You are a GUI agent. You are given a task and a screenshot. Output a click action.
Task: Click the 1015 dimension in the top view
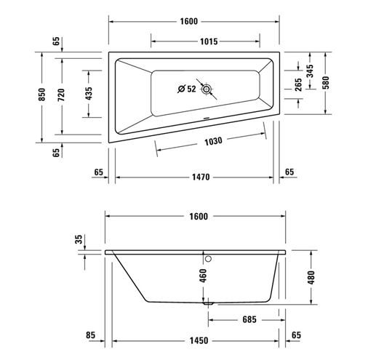[209, 41]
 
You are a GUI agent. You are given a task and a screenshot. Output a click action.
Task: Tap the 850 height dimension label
[42, 95]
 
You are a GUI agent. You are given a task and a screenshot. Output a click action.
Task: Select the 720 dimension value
[61, 95]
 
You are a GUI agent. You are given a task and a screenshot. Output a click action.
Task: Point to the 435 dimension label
[89, 93]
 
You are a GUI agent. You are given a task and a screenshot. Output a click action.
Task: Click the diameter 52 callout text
[187, 89]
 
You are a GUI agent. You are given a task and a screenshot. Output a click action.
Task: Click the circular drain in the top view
[207, 89]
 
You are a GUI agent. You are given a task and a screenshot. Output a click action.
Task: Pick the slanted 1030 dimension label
[213, 141]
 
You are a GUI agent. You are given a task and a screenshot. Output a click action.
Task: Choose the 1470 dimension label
[201, 177]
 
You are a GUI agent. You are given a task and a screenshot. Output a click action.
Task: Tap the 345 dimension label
[310, 71]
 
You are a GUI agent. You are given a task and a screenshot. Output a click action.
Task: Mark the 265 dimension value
[298, 84]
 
